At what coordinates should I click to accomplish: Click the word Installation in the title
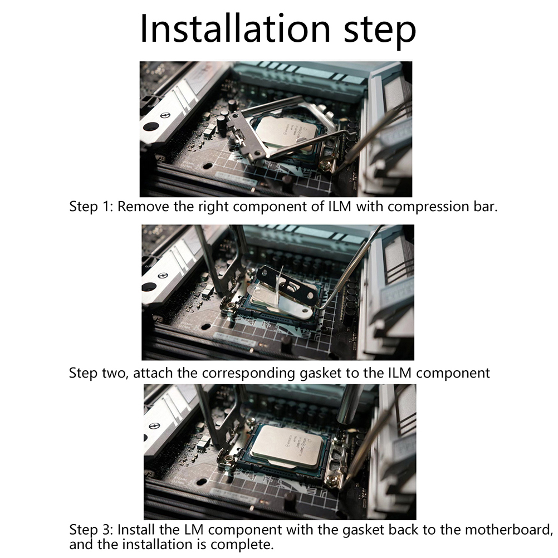235,28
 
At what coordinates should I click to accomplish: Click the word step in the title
380,31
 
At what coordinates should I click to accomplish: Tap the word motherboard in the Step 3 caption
508,530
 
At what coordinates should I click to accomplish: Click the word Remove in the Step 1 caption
143,207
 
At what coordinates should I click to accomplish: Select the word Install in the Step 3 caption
136,530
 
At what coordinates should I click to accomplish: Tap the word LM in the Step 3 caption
194,530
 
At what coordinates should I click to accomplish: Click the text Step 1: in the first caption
91,207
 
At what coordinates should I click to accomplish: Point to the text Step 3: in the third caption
91,530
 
